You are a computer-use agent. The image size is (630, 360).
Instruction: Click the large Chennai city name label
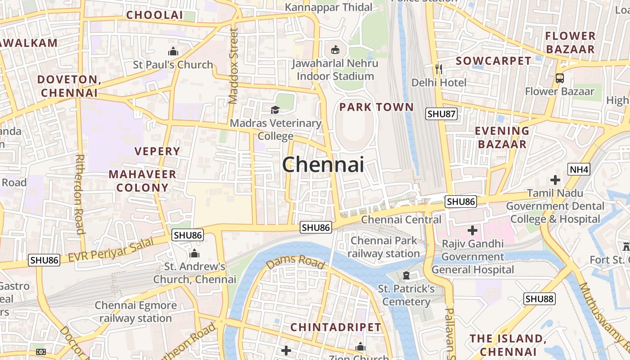coord(323,165)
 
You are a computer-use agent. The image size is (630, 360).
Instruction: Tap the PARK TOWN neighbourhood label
coord(376,107)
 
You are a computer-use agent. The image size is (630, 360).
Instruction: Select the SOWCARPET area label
coord(493,61)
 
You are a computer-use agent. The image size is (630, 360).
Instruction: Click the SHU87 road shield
coord(441,114)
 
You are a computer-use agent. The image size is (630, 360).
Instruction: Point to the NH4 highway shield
coord(578,170)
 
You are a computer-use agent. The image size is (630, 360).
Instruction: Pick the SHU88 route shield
coord(540,298)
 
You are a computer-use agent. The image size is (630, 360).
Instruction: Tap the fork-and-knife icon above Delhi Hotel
coord(439,69)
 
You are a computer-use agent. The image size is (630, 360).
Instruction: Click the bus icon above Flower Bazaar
coord(559,78)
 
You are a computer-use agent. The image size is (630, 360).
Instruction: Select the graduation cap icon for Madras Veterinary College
coord(275,110)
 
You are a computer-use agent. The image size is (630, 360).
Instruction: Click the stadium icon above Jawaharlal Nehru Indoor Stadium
coord(335,49)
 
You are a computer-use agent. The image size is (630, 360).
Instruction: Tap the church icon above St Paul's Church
coord(173,51)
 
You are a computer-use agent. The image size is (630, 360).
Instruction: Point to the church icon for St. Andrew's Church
coord(194,253)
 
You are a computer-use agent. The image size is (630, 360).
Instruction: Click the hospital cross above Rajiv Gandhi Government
coord(472,230)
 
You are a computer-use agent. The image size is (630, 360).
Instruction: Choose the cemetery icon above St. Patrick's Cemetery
coord(406,275)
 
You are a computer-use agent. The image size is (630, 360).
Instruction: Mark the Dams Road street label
coord(295,261)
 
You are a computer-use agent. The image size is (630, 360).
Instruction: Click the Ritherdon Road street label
coord(80,194)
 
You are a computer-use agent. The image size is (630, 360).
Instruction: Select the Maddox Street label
coord(233,66)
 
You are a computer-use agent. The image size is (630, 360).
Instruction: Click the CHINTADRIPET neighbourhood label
coord(336,327)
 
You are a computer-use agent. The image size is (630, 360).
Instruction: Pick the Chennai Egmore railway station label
coord(135,312)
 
